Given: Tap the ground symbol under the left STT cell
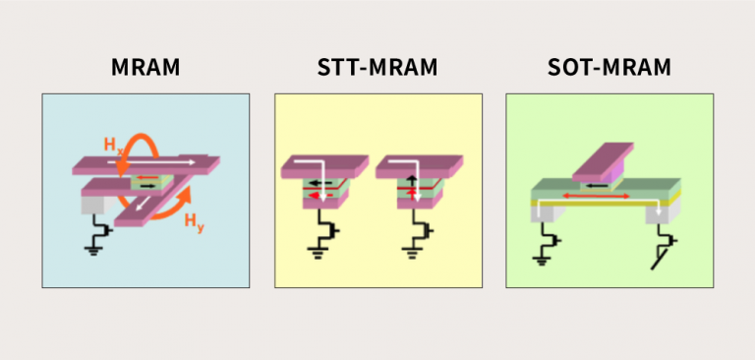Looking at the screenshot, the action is click(317, 253).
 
